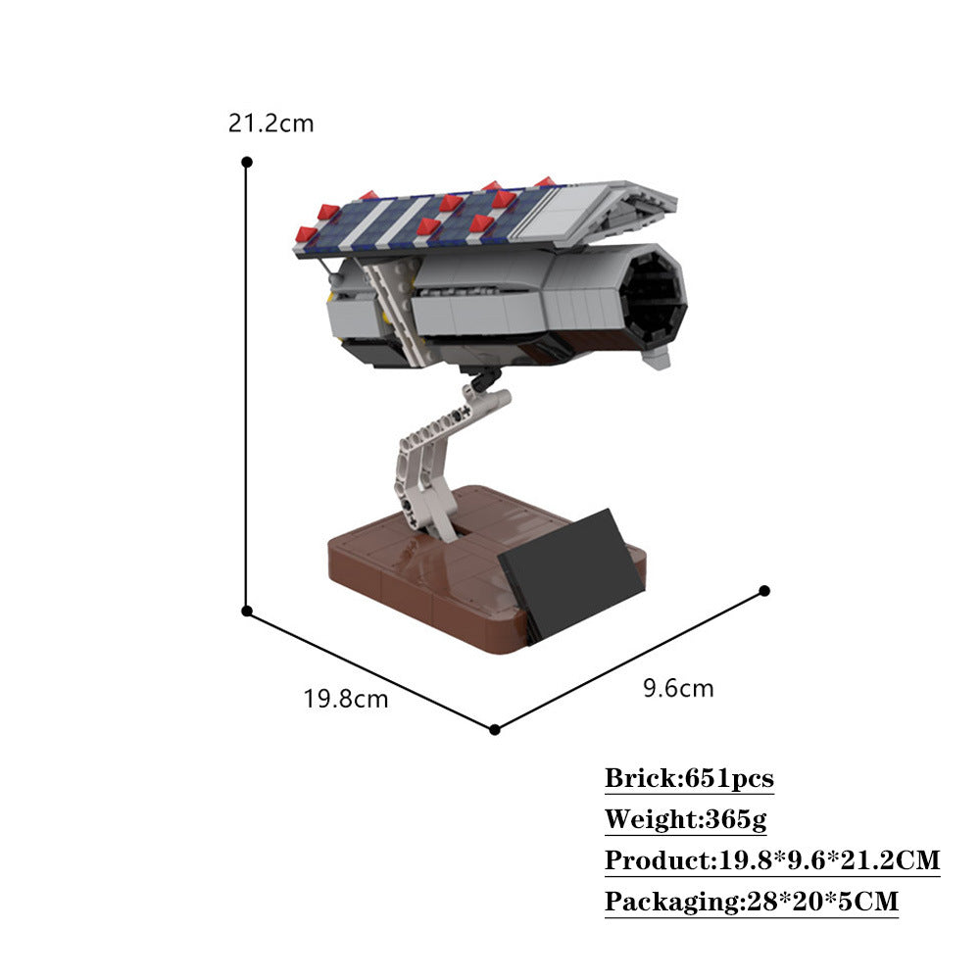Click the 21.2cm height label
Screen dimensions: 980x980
pyautogui.click(x=270, y=123)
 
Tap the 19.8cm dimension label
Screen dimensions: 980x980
pyautogui.click(x=345, y=700)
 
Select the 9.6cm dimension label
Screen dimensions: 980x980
pyautogui.click(x=678, y=688)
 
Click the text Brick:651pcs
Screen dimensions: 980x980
pyautogui.click(x=689, y=779)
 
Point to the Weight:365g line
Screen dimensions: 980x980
pyautogui.click(x=685, y=819)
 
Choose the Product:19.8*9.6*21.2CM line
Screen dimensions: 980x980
pyautogui.click(x=772, y=860)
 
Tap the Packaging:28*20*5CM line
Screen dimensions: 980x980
pyautogui.click(x=751, y=902)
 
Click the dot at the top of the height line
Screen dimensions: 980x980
pyautogui.click(x=247, y=161)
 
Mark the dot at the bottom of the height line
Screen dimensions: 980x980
pyautogui.click(x=247, y=611)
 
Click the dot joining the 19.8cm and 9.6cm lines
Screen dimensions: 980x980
pyautogui.click(x=495, y=729)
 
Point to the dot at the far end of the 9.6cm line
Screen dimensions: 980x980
pyautogui.click(x=764, y=590)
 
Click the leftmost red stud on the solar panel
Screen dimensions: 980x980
pyautogui.click(x=306, y=234)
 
